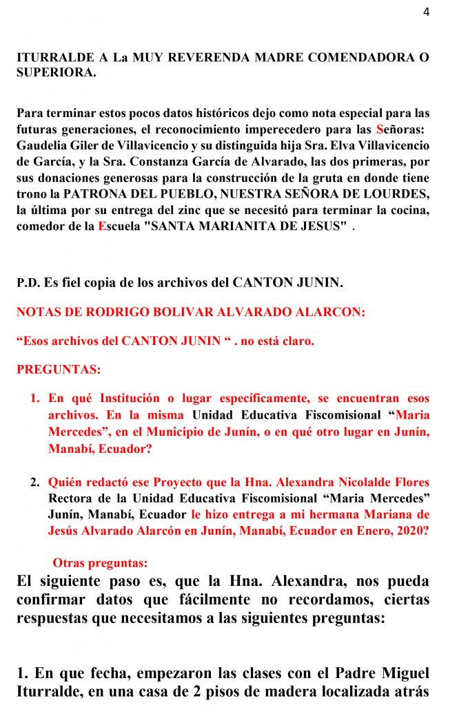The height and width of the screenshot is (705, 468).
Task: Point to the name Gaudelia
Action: [x=41, y=146]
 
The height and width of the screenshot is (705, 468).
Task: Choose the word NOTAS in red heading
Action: [x=40, y=311]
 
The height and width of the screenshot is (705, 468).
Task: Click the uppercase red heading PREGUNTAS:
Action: [x=59, y=369]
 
